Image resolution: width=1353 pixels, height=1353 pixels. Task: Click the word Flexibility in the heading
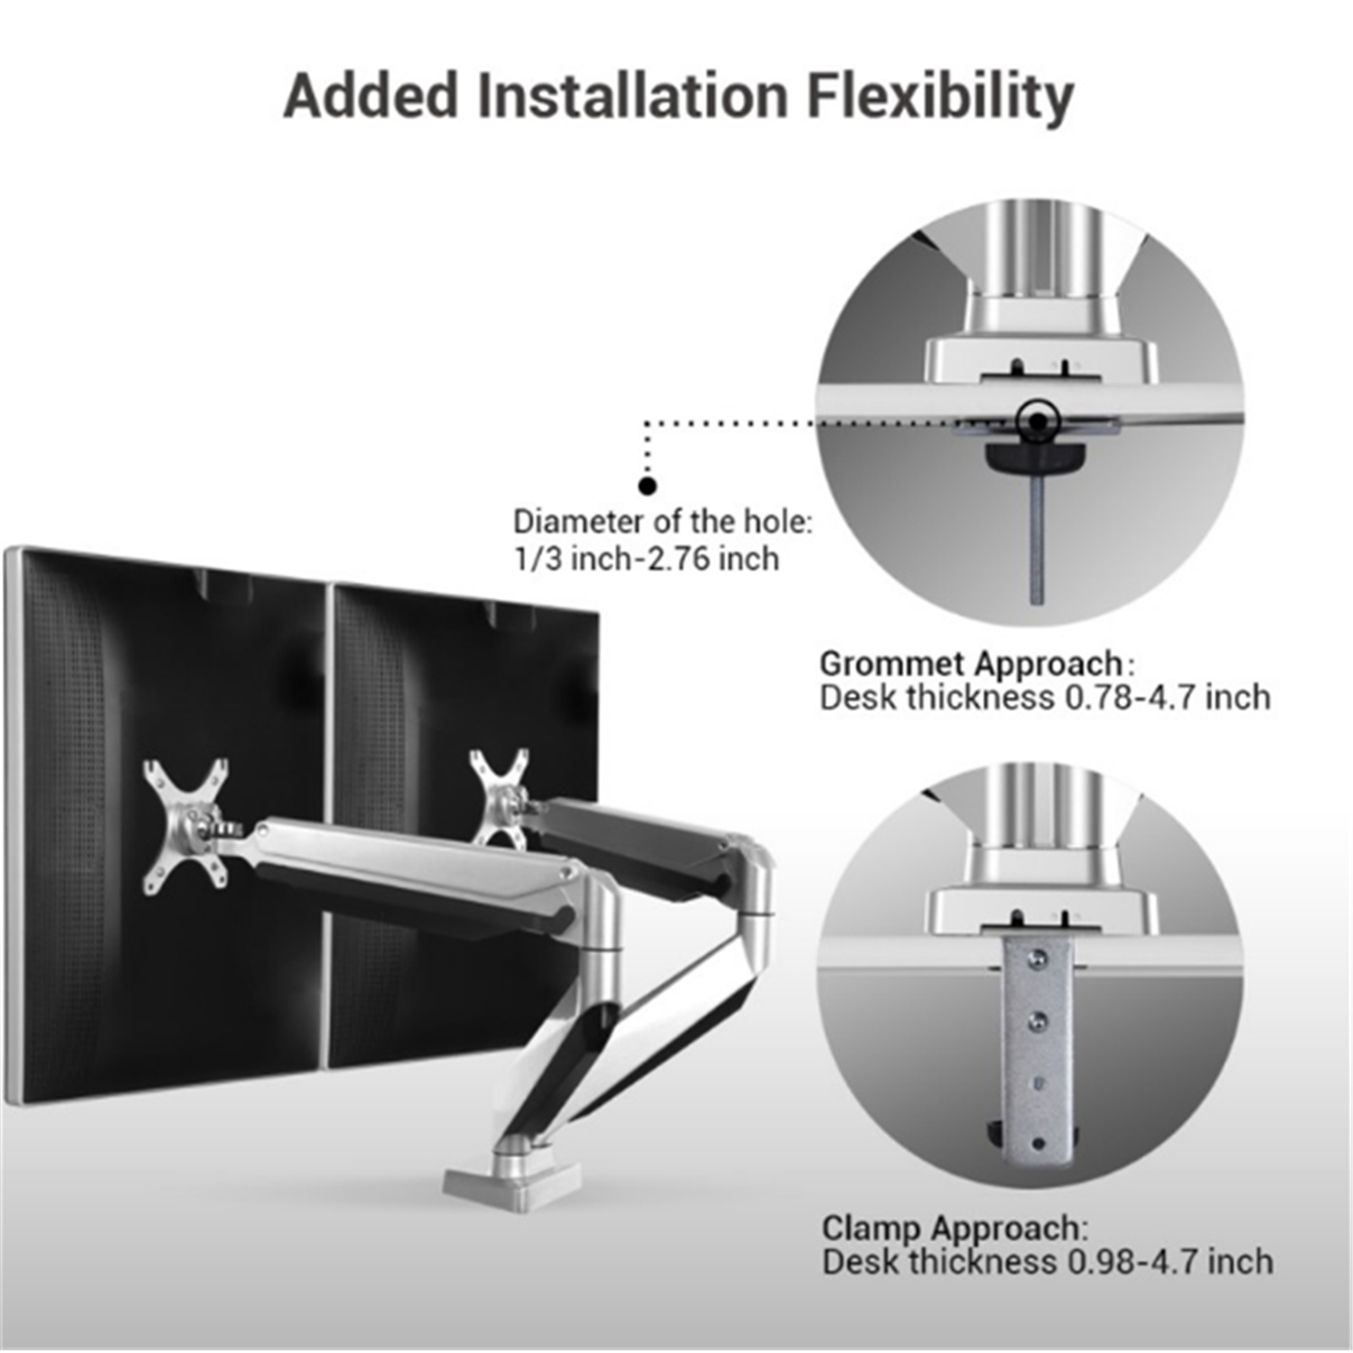coord(940,96)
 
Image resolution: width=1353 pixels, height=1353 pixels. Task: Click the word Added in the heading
coord(370,95)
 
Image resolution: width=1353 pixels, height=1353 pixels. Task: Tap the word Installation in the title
coord(633,95)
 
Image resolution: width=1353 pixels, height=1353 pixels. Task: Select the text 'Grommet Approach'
coord(971,664)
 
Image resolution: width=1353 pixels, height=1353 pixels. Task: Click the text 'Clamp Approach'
coord(951,1228)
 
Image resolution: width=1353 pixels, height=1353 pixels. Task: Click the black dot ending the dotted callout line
coord(648,486)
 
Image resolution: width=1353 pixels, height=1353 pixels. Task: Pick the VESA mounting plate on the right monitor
coord(501,797)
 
